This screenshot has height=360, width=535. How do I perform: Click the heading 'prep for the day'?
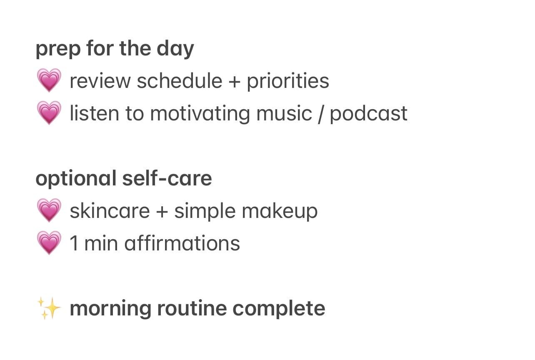pos(115,49)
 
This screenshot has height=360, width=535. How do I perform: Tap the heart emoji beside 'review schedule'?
pos(49,81)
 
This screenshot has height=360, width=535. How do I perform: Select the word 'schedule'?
pos(179,81)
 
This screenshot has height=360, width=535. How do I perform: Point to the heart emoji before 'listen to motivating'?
pos(49,113)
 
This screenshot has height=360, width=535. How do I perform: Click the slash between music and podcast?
pos(320,114)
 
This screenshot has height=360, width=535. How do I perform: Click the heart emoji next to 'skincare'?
pos(49,211)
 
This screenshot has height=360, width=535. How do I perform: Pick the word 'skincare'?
pos(110,211)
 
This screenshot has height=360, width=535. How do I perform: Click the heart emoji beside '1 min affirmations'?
pos(49,243)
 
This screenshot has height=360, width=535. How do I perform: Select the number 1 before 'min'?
pos(74,243)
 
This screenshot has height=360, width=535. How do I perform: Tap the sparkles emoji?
pos(49,309)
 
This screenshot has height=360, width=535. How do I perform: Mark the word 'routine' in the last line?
pos(191,309)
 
